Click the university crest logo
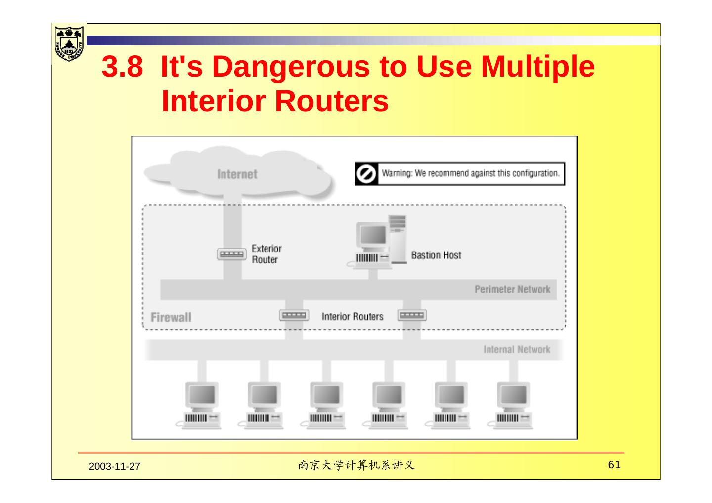pos(69,43)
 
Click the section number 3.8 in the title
pos(122,67)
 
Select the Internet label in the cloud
pos(237,174)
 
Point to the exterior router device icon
pos(231,254)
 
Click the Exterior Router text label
pos(267,254)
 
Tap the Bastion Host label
pos(436,255)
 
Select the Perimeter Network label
pos(512,289)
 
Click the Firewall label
pos(171,317)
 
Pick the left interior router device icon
pos(294,315)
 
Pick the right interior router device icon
pos(412,315)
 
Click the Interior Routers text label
pos(353,316)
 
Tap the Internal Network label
pos(517,350)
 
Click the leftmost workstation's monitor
pos(202,395)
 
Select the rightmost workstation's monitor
pos(514,395)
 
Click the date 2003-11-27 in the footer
pos(115,467)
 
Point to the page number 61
pos(614,465)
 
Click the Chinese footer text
pos(356,465)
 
